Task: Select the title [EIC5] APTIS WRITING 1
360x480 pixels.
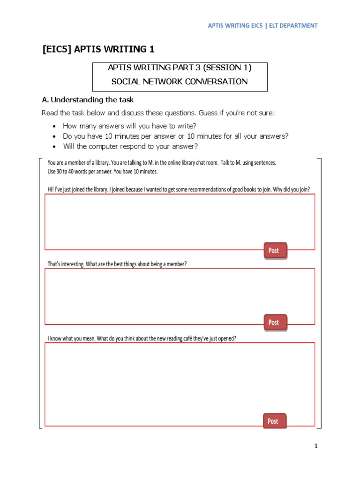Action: coord(98,49)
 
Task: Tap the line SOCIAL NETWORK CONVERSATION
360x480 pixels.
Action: coord(180,82)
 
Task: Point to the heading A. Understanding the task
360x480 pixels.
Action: coord(88,100)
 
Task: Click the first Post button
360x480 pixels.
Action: coord(274,250)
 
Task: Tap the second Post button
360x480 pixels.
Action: coord(274,322)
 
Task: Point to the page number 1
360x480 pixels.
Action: coord(316,446)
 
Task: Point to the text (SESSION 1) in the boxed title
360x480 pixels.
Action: coord(227,67)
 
